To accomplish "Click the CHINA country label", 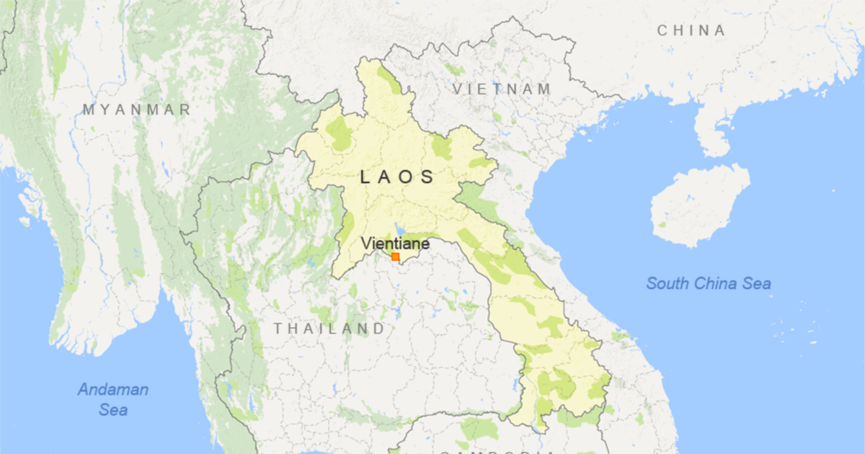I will point(691,30).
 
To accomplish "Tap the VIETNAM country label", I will point(502,89).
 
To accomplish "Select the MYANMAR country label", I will point(136,110).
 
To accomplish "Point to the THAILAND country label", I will point(329,329).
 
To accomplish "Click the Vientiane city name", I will point(395,244).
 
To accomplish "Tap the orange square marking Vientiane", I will point(395,257).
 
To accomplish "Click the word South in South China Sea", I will point(667,283).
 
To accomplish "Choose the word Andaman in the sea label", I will point(113,390).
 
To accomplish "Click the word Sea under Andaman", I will point(113,409).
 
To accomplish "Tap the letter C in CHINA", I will point(662,30).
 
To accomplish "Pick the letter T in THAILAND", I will point(278,329).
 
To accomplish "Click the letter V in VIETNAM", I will point(457,89).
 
